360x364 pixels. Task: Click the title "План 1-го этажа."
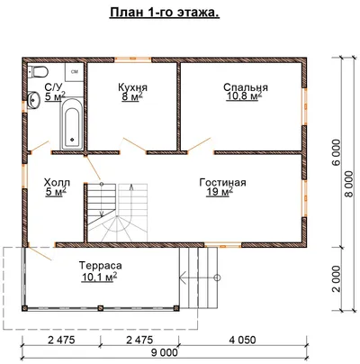click(165, 13)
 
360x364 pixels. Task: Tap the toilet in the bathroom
click(38, 71)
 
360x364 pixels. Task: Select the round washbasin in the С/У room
click(33, 99)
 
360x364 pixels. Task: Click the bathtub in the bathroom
click(72, 124)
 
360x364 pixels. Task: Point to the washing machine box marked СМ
click(75, 72)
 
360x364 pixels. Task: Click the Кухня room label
click(132, 87)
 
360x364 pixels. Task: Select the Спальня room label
click(246, 87)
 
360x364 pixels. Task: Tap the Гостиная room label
click(222, 182)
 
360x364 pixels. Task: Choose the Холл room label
click(57, 182)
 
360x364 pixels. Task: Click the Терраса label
click(101, 266)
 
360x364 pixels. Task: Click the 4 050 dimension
click(242, 340)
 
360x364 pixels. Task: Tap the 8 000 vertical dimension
click(348, 184)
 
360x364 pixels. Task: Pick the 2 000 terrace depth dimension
click(337, 278)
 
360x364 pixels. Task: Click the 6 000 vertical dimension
click(337, 152)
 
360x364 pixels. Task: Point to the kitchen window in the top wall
click(132, 59)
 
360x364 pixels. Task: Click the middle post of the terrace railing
click(101, 308)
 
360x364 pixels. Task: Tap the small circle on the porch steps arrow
click(218, 278)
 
